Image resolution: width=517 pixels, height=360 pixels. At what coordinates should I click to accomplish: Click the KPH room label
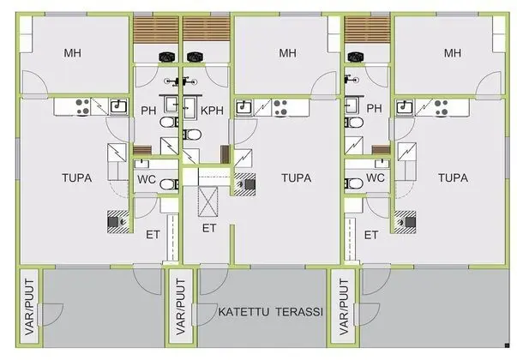pyautogui.click(x=211, y=110)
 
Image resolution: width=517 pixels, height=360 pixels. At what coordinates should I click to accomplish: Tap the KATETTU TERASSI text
pyautogui.click(x=270, y=313)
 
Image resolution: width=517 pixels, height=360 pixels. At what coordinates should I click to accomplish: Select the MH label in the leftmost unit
pyautogui.click(x=74, y=53)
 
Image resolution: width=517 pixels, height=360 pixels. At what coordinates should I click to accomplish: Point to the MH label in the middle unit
pyautogui.click(x=287, y=53)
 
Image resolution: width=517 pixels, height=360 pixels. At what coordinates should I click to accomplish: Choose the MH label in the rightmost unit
pyautogui.click(x=452, y=53)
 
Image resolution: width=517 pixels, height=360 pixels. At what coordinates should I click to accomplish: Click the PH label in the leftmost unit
pyautogui.click(x=148, y=110)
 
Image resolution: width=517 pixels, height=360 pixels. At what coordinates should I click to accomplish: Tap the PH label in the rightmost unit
pyautogui.click(x=374, y=110)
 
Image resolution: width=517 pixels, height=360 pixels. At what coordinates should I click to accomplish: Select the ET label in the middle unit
pyautogui.click(x=209, y=228)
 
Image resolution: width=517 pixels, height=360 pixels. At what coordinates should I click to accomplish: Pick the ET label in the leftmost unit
pyautogui.click(x=153, y=234)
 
